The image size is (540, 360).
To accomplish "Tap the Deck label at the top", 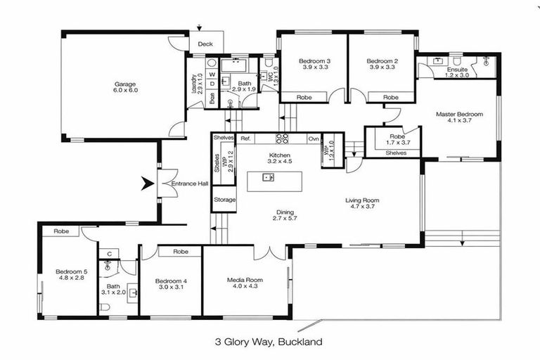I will click(x=205, y=44).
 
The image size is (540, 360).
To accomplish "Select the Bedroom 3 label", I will click(x=314, y=60).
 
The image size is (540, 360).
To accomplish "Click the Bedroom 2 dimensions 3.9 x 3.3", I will click(x=382, y=68).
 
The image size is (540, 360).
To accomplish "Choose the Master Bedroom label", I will click(x=459, y=113).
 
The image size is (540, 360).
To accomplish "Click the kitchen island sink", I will click(x=268, y=177).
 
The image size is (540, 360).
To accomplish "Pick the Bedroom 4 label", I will click(x=172, y=281).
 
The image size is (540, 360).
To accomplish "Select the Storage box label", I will click(x=224, y=200).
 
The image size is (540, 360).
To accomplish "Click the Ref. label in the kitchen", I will click(x=245, y=139).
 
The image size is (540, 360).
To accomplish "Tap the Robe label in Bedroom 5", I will click(x=60, y=231).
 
